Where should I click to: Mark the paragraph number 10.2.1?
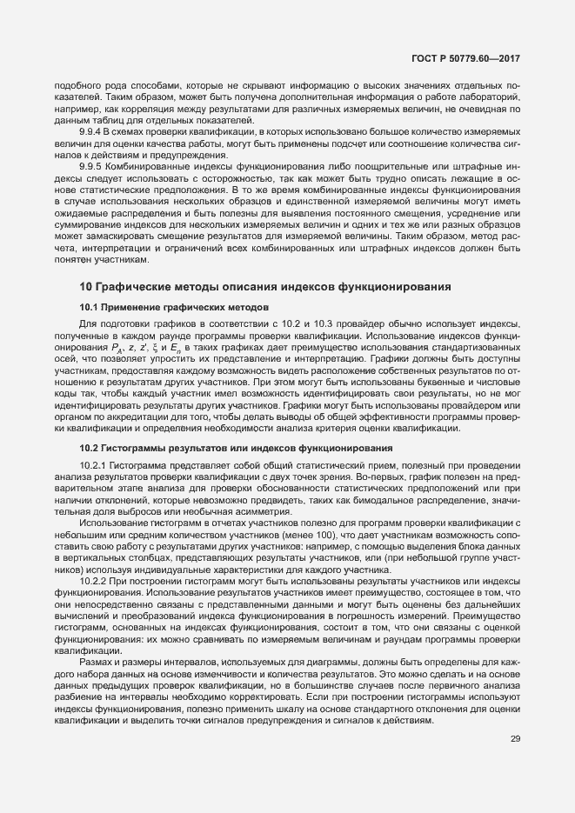pos(95,465)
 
